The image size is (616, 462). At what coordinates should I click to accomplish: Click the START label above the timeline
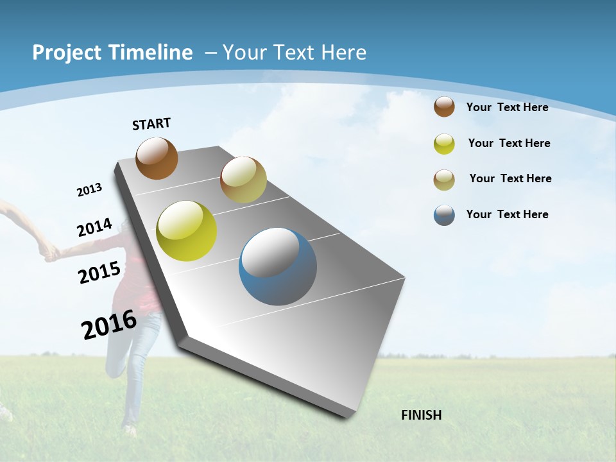coord(151,124)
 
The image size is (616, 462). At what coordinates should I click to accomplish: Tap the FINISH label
coord(422,415)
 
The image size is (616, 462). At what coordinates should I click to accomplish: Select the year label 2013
coord(89,190)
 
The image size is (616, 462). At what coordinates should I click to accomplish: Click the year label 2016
coord(109,325)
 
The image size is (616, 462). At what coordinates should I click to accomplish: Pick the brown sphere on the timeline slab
coord(157,158)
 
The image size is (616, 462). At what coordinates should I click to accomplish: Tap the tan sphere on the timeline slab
coord(243,180)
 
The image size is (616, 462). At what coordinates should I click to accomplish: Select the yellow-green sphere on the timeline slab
coord(187,231)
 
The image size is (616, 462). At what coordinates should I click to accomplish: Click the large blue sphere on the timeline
coord(278,266)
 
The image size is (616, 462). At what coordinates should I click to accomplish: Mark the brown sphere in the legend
coord(444,107)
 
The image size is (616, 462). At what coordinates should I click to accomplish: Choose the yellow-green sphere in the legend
coord(444,144)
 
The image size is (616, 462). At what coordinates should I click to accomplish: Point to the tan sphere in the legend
coord(444,180)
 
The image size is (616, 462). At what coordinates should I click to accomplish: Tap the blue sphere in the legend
coord(444,215)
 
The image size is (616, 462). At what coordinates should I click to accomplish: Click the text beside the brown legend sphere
coord(507,107)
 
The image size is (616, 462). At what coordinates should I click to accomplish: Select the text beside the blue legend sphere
coord(507,214)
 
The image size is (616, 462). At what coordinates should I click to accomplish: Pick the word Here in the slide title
coord(343,53)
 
